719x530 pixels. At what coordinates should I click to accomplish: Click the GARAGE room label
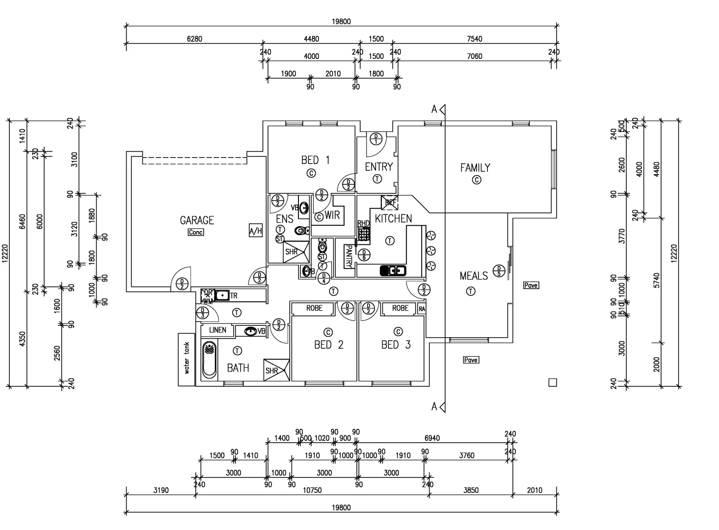(x=197, y=220)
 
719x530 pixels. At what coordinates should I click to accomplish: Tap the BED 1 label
(x=315, y=160)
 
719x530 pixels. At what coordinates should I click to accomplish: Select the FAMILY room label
(x=475, y=168)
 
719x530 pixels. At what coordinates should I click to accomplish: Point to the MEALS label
(x=474, y=276)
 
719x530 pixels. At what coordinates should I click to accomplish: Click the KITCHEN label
(x=393, y=219)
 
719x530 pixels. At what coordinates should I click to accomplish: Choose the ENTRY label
(x=378, y=167)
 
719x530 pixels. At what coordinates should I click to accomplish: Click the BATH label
(x=238, y=368)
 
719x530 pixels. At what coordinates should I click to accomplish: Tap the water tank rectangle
(x=186, y=359)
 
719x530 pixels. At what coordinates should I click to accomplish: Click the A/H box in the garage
(x=256, y=230)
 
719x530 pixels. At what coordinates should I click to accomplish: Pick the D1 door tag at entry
(x=376, y=138)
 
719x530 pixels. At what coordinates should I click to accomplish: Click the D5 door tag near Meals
(x=499, y=270)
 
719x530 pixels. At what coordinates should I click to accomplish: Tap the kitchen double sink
(x=393, y=270)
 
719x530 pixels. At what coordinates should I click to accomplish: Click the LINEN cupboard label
(x=217, y=330)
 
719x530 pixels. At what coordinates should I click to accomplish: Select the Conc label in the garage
(x=196, y=232)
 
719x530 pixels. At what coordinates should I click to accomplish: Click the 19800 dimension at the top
(x=341, y=22)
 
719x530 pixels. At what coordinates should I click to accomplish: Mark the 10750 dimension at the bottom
(x=312, y=490)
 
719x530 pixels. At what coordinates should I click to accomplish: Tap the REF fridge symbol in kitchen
(x=390, y=202)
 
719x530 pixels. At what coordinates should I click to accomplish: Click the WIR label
(x=332, y=215)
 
